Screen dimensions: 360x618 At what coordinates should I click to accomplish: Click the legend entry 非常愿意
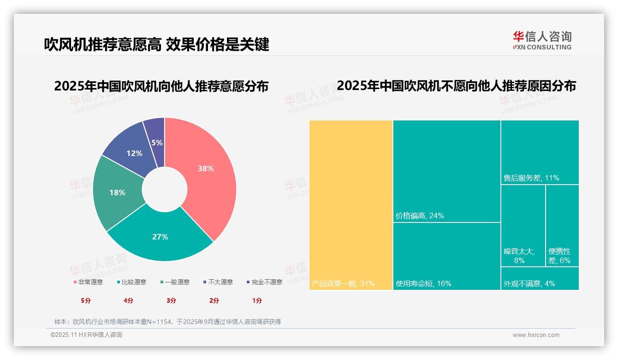(88, 282)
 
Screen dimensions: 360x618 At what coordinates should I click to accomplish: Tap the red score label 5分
(86, 300)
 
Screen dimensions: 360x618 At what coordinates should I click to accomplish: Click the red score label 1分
(257, 300)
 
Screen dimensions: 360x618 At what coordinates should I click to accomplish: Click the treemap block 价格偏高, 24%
(446, 171)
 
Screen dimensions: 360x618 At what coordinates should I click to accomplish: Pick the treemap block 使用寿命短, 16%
(446, 256)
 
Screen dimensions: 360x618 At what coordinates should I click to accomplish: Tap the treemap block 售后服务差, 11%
(540, 152)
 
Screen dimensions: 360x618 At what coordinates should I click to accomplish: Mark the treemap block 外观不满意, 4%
(540, 279)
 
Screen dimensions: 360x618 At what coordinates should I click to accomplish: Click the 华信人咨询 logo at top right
(542, 41)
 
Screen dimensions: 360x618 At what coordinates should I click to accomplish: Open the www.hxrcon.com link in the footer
(536, 335)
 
